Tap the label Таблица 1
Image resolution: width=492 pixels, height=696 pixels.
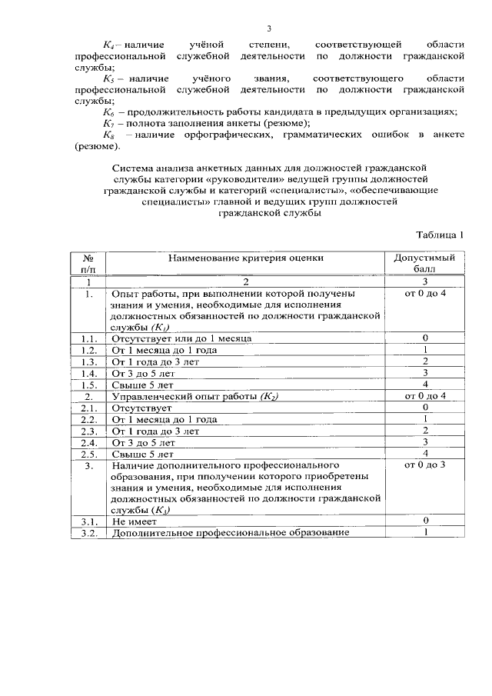click(x=440, y=234)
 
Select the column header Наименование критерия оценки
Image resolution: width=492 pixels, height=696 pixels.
click(x=247, y=258)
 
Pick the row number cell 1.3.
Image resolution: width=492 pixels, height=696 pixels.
click(x=88, y=361)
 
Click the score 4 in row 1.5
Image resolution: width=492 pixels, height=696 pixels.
click(x=424, y=384)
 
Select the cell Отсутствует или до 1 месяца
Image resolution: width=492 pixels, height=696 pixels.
click(x=181, y=338)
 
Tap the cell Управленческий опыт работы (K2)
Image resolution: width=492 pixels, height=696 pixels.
click(x=195, y=395)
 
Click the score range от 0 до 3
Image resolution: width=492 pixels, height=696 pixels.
click(x=424, y=465)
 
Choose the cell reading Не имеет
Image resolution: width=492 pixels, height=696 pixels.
click(x=135, y=521)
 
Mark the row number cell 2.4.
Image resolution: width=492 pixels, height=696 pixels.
click(x=88, y=442)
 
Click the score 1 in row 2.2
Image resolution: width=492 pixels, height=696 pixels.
click(x=424, y=419)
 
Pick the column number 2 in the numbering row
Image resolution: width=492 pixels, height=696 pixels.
click(x=247, y=281)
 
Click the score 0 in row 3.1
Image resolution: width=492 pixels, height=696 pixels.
click(x=424, y=521)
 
